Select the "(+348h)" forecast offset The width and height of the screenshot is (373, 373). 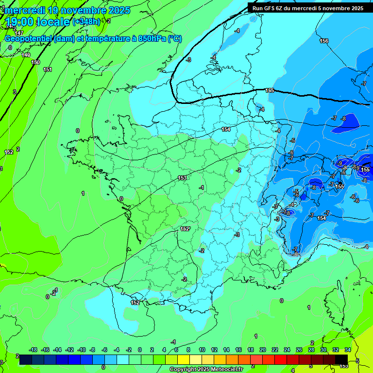pos(86,22)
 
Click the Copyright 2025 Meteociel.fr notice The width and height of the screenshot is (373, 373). pos(206,370)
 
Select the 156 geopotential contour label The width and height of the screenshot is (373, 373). pos(324,41)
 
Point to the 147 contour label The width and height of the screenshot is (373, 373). pos(19,33)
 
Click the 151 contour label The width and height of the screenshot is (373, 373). pos(48,70)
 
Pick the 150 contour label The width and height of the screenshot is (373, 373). pos(35,63)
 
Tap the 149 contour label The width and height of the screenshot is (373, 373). pos(26,55)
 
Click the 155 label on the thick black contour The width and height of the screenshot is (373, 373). pos(270,91)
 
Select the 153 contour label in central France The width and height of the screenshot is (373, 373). pos(182,178)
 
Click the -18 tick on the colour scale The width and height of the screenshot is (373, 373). pos(33,350)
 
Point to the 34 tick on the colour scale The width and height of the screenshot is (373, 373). pos(348,350)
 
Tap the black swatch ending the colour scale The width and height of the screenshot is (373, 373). pos(341,359)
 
